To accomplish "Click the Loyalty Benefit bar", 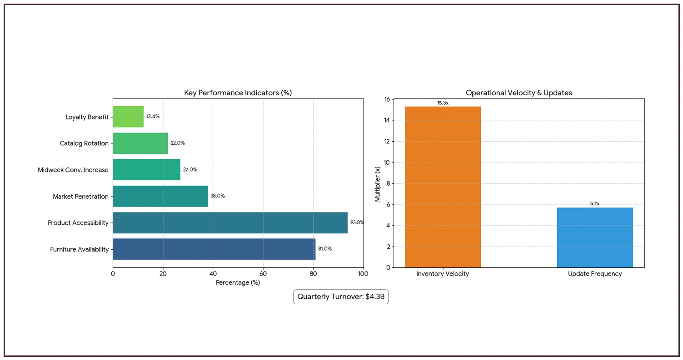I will coord(128,117).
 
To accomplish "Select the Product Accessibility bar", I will coord(230,223).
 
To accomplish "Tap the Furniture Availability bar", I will coord(214,249).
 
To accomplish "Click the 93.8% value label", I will coord(357,223).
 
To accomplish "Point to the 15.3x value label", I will coord(443,103).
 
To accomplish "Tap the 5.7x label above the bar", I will coord(594,204).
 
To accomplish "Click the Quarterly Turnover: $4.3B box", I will coord(341,297).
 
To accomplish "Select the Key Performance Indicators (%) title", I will coord(238,93).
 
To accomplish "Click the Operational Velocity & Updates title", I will coord(518,93).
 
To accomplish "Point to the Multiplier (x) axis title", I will coord(378,183).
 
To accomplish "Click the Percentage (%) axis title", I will coord(238,283).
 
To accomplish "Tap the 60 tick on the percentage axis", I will coord(263,274).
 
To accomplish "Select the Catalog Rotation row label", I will coord(84,143).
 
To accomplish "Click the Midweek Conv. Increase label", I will coord(73,170).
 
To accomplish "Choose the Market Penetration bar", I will coord(160,196).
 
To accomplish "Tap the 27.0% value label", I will coord(190,170).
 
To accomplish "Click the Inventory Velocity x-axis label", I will coord(443,274).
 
